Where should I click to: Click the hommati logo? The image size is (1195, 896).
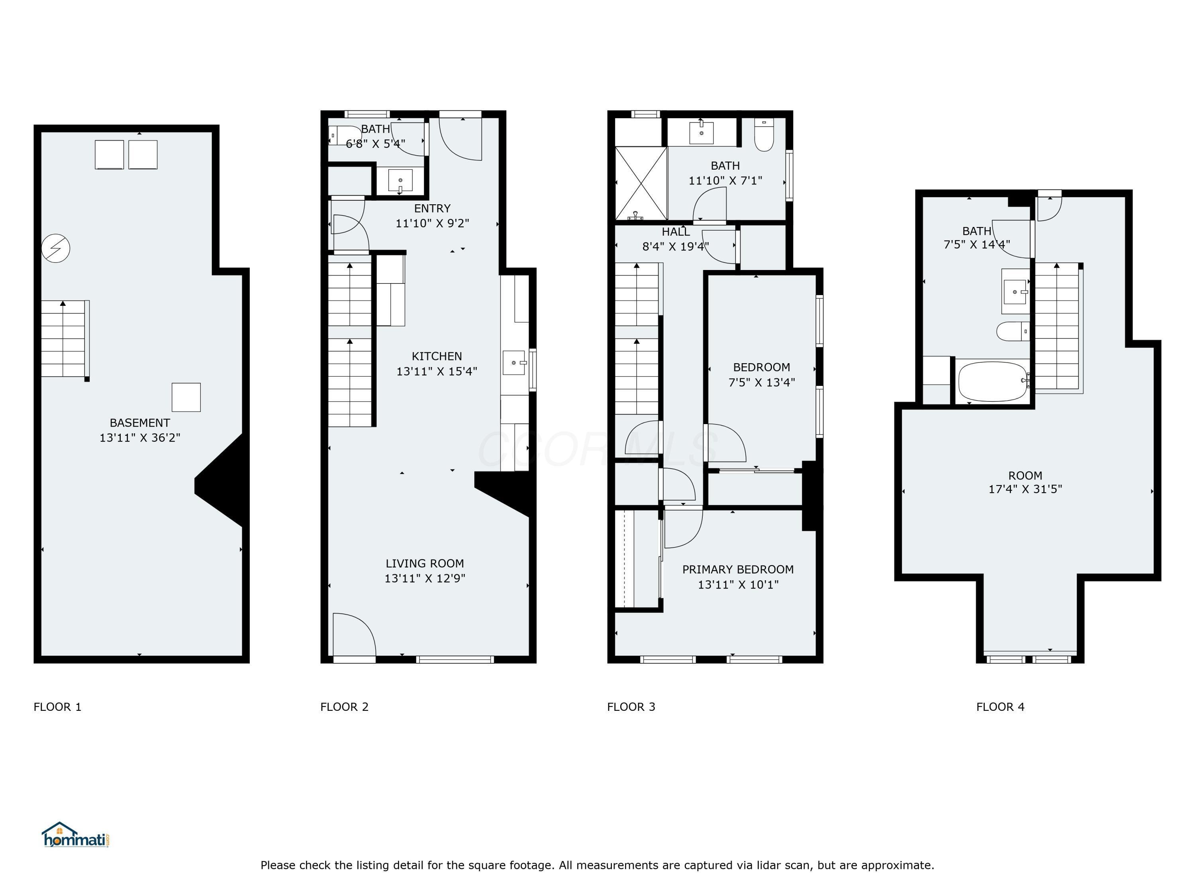76,835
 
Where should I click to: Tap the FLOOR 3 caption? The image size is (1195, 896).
631,706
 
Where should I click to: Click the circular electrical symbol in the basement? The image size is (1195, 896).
56,248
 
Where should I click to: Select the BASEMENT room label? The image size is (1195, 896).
139,423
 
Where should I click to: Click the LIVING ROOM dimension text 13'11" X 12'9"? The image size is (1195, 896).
425,579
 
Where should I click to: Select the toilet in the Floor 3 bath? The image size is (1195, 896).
764,135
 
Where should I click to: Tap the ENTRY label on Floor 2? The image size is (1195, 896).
432,209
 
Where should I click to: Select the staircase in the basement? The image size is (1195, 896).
64,338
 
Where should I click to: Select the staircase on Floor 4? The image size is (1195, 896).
1057,327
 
